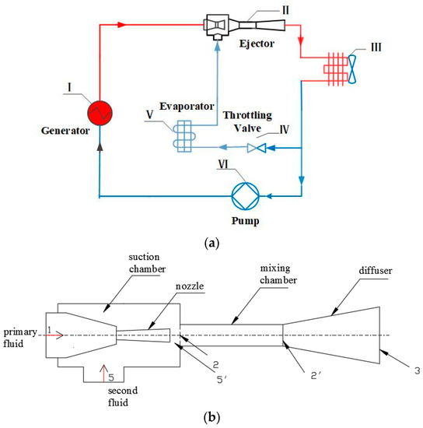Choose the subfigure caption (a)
tap(211, 243)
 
